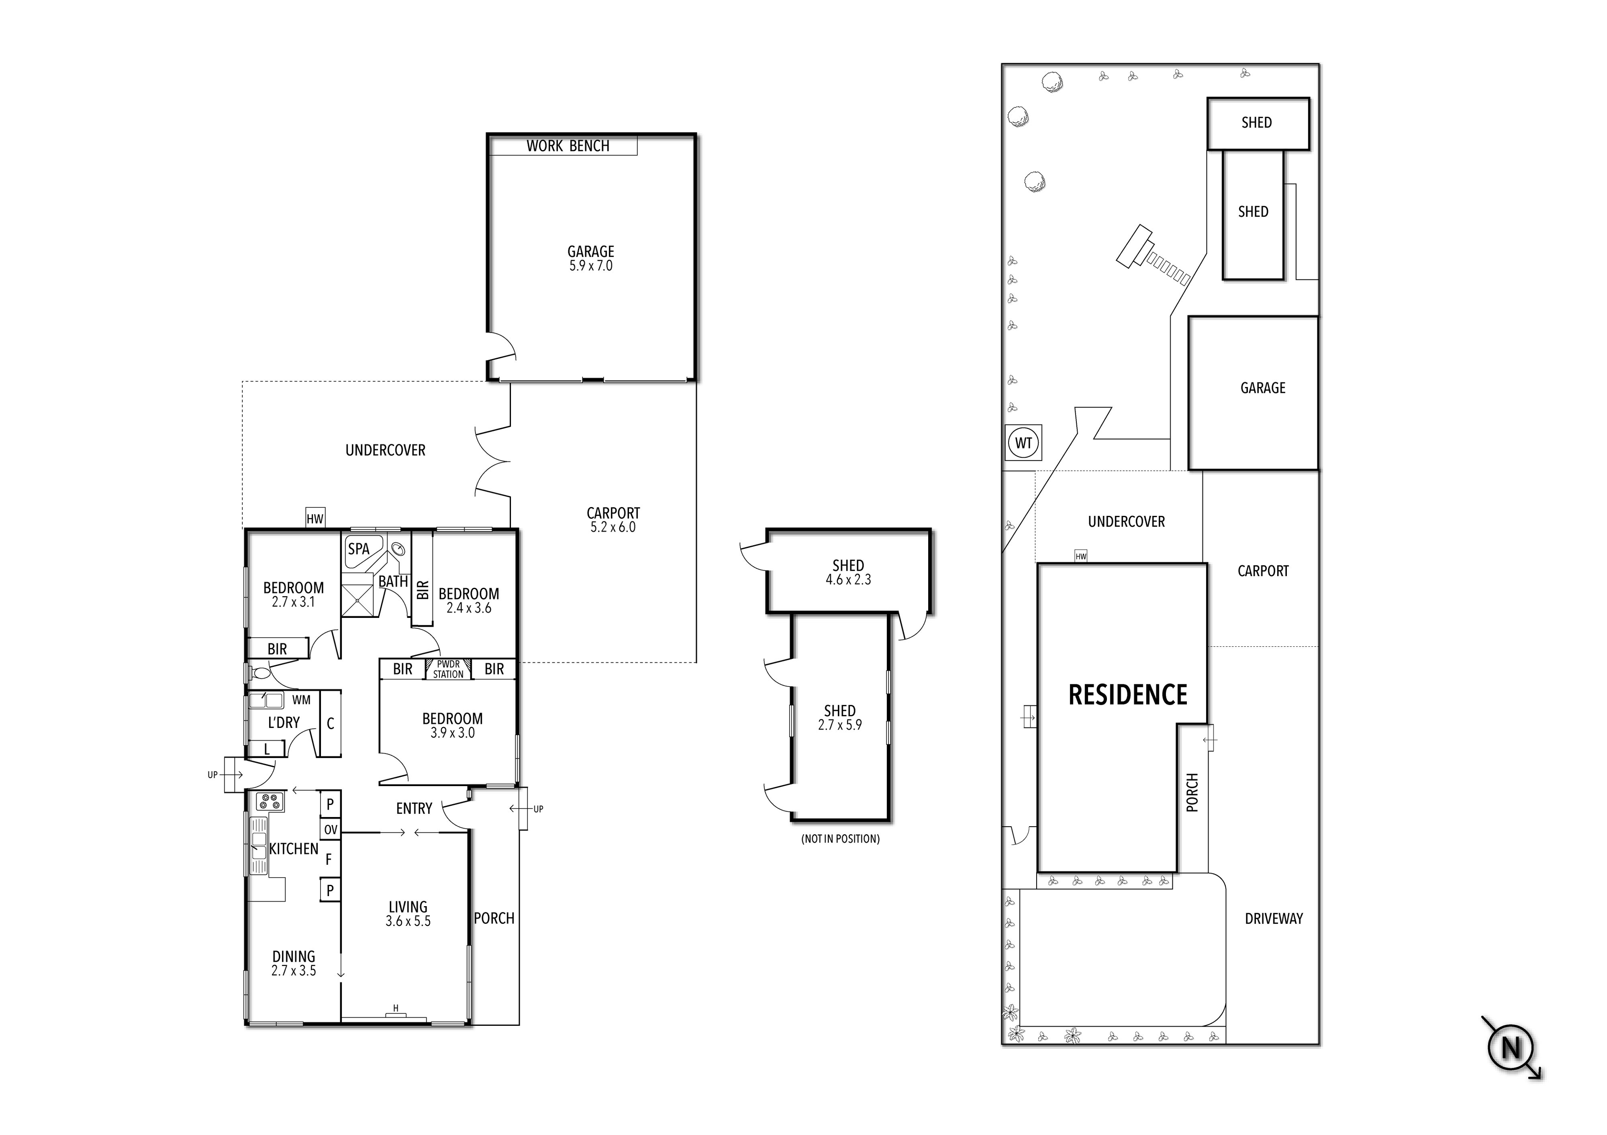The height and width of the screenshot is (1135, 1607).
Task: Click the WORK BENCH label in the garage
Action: [567, 146]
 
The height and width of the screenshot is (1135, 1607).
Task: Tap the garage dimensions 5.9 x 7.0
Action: [591, 266]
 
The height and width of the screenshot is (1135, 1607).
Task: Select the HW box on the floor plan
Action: [315, 518]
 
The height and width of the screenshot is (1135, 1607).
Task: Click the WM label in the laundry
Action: [301, 700]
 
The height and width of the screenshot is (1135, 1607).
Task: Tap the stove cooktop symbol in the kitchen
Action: [270, 802]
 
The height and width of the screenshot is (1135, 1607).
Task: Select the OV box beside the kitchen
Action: [330, 830]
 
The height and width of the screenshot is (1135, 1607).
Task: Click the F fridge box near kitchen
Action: [329, 859]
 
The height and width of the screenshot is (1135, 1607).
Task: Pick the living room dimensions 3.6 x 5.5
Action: [408, 922]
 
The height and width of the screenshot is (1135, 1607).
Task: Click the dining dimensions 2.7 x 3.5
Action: [293, 971]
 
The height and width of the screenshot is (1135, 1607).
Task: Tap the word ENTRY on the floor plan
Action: [413, 809]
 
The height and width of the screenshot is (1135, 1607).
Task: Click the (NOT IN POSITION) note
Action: [840, 839]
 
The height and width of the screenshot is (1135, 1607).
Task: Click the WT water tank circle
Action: [1023, 443]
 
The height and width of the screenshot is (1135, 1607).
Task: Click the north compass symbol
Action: [1510, 1049]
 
